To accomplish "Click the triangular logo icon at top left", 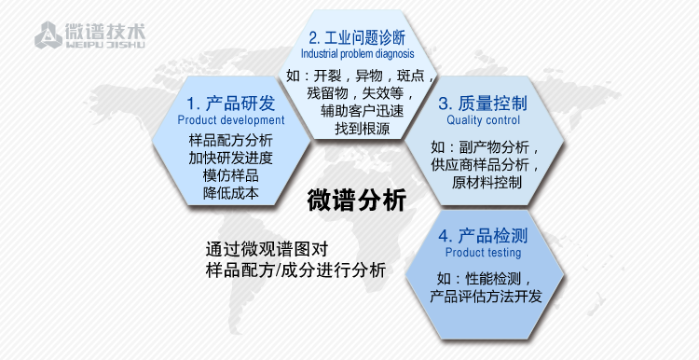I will [x=46, y=36].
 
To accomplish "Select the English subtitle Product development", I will [x=231, y=120].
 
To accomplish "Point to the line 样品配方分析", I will [x=230, y=140].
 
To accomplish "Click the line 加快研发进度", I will [x=230, y=158].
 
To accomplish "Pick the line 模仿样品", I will [x=230, y=176].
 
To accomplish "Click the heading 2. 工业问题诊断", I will [x=357, y=38].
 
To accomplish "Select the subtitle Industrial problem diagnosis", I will [x=357, y=54].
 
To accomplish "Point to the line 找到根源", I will [x=357, y=128].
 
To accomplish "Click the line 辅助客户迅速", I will [x=357, y=110].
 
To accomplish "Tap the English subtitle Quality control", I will [x=484, y=120].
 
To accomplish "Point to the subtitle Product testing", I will [x=484, y=252].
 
